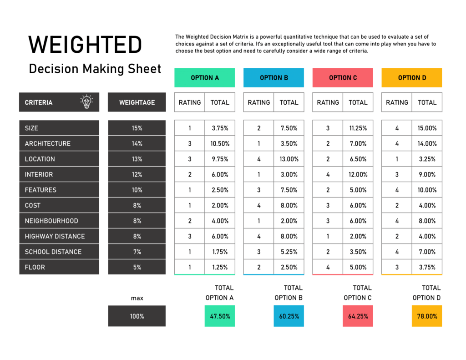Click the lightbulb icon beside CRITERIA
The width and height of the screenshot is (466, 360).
[86, 102]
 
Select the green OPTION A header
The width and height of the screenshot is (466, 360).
[204, 78]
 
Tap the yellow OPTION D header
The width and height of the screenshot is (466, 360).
[412, 78]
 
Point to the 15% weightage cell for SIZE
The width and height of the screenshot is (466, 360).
[137, 128]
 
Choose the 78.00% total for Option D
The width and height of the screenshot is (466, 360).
[427, 316]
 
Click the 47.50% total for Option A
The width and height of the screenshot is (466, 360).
[220, 316]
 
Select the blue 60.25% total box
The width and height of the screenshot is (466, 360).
[289, 316]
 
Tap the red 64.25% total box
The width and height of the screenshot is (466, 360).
[358, 316]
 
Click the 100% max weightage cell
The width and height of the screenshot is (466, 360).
[137, 316]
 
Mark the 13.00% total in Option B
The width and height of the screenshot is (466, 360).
[289, 159]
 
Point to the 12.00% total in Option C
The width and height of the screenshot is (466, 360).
[358, 175]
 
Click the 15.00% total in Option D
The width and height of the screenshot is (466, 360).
[427, 128]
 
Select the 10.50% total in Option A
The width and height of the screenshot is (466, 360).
[220, 144]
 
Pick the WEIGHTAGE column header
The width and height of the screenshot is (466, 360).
[137, 102]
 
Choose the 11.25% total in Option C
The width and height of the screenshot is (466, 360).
[358, 128]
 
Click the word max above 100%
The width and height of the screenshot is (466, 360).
[137, 298]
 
